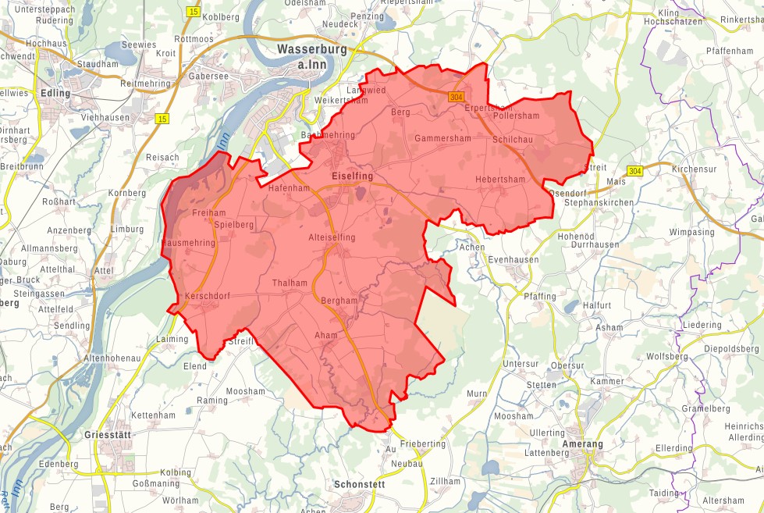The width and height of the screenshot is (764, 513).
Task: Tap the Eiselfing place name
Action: [352, 176]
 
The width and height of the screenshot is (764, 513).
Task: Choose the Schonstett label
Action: [359, 484]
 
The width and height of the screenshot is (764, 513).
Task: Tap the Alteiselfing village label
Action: [332, 237]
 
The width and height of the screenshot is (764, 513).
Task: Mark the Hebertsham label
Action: [500, 180]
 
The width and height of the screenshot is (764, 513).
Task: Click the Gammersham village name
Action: [442, 138]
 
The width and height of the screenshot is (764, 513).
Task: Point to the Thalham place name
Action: [290, 283]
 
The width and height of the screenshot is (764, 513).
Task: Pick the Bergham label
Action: [339, 301]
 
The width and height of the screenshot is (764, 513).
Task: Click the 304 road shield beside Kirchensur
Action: [635, 170]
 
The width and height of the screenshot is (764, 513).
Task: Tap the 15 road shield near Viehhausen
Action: [162, 119]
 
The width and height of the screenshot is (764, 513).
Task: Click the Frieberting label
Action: [423, 444]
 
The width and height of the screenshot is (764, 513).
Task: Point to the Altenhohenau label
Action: [112, 358]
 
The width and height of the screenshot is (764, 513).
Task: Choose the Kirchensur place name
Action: [694, 169]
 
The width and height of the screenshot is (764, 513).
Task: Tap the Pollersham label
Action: [516, 116]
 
